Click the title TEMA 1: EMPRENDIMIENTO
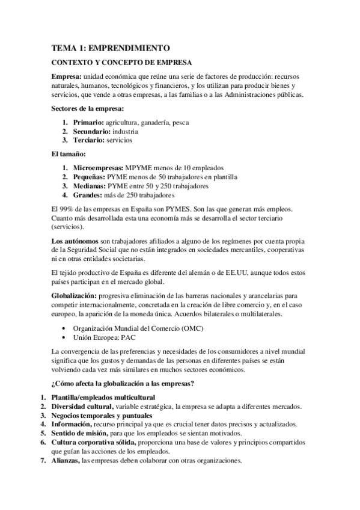tap(111, 48)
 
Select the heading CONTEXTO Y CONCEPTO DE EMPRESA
tap(121, 63)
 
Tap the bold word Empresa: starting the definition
tap(68, 78)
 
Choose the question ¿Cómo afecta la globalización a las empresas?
tap(123, 383)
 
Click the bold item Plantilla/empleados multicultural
tap(103, 398)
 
